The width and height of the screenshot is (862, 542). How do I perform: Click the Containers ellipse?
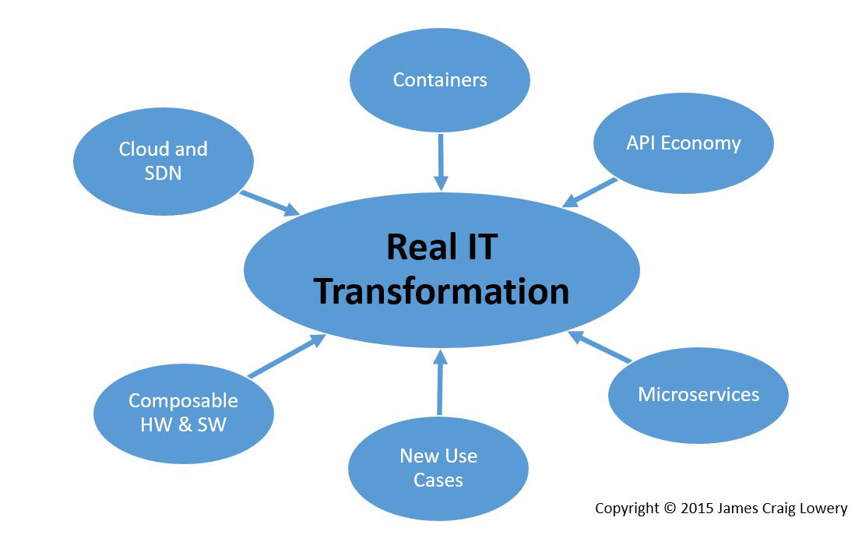440,80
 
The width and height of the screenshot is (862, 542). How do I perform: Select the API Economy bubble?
684,143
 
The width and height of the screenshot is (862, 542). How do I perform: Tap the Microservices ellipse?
698,396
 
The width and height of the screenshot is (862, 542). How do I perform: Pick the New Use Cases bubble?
438,468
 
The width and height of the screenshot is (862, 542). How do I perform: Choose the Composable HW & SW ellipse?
184,414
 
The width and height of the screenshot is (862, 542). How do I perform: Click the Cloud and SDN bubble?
164,161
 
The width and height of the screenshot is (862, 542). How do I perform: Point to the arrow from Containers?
441,162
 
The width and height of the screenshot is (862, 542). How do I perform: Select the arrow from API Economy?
589,193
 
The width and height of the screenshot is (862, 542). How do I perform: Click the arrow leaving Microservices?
600,347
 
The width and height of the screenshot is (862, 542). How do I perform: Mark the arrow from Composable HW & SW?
287,356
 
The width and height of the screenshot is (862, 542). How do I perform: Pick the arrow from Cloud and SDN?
270,203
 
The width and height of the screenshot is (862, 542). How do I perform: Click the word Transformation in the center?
442,291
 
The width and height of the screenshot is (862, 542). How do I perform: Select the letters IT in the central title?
482,247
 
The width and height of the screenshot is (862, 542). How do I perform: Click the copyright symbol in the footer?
669,508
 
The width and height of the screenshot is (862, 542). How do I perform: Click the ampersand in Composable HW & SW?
185,425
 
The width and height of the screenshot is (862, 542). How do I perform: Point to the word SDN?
163,174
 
